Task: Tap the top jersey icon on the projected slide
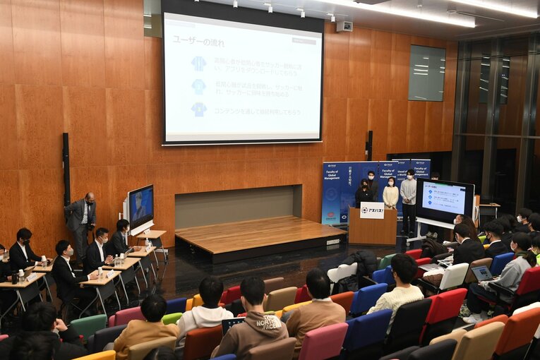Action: (x=199, y=64)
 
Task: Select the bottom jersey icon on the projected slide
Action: (x=199, y=109)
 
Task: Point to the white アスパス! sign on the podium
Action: (x=372, y=210)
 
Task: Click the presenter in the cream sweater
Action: (x=390, y=193)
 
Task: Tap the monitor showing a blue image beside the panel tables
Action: (x=141, y=205)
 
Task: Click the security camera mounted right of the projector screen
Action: (x=344, y=26)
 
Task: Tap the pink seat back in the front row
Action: (x=323, y=342)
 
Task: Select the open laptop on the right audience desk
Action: (x=482, y=273)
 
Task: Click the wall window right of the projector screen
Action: (x=426, y=73)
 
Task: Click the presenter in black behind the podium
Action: (x=364, y=192)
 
